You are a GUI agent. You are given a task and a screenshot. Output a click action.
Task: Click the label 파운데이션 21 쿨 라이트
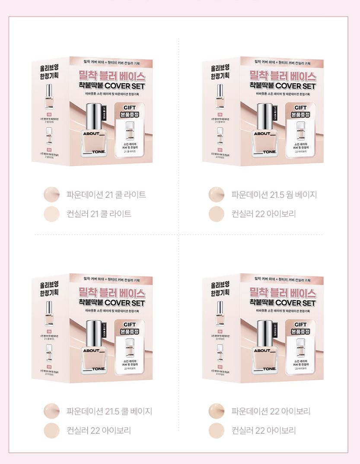(106, 194)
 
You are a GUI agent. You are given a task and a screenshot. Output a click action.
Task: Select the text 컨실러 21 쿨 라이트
(99, 213)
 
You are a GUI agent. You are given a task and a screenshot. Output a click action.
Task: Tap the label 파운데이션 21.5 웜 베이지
(274, 194)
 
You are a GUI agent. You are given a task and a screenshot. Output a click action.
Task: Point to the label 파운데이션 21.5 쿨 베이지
(109, 411)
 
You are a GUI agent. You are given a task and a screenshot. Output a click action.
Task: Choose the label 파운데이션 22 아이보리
(271, 411)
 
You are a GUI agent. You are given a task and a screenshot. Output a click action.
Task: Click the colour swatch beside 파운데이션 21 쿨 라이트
(51, 194)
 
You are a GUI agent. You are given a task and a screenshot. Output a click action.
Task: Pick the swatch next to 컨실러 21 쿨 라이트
(51, 213)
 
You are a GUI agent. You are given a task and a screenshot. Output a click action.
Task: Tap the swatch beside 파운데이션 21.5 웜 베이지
(216, 194)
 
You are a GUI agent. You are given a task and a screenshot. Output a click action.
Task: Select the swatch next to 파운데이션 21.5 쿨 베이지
(51, 411)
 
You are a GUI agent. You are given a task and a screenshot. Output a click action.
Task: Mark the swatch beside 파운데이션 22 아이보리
(216, 411)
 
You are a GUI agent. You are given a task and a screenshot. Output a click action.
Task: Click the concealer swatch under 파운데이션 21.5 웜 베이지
(216, 213)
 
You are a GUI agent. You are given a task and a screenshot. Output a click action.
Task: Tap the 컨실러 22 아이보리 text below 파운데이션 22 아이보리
(263, 430)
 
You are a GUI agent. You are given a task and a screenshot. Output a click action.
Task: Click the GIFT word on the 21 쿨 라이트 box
(130, 108)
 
